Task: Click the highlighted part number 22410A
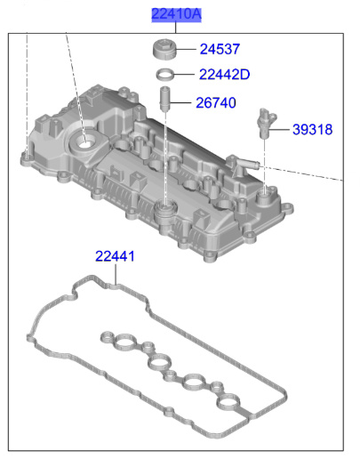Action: (176, 14)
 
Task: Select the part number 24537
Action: (220, 49)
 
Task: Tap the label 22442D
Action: (224, 75)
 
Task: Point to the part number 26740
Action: (216, 103)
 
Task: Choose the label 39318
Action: (312, 130)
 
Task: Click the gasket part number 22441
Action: (115, 256)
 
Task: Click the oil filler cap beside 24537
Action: (164, 49)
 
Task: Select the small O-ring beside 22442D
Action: (165, 75)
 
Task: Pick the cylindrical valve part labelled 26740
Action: (164, 99)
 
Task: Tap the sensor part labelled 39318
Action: (267, 123)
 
